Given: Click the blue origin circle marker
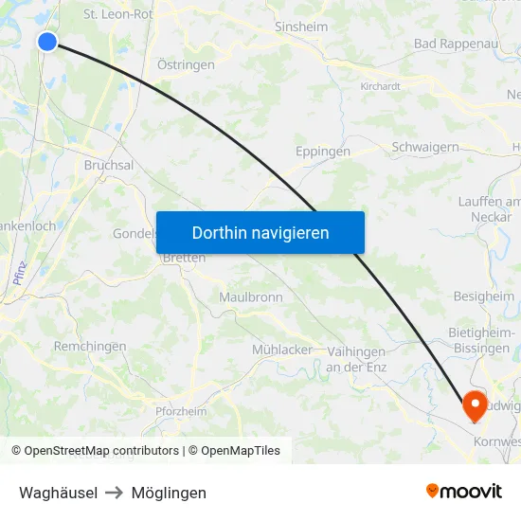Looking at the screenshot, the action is (x=47, y=41).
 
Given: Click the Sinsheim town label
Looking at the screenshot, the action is (x=300, y=27).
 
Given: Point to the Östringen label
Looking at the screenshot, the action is (x=186, y=64).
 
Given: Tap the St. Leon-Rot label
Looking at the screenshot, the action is (x=117, y=14).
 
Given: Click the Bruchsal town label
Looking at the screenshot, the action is (x=109, y=164).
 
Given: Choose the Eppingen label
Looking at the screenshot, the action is (x=322, y=151).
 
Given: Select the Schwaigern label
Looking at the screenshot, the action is (x=425, y=147).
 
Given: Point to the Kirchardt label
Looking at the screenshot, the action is (x=380, y=85).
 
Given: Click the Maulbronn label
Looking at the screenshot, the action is (x=251, y=296).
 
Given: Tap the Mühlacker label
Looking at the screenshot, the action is (x=282, y=350).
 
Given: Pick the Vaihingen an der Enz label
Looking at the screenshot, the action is (x=355, y=359).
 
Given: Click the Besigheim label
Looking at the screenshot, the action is (x=484, y=296).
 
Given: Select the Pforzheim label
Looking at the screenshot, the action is (x=181, y=411).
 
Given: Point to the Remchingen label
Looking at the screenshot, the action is (x=90, y=346).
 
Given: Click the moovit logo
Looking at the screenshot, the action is (x=464, y=491).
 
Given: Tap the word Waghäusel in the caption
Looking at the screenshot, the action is (x=58, y=493).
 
